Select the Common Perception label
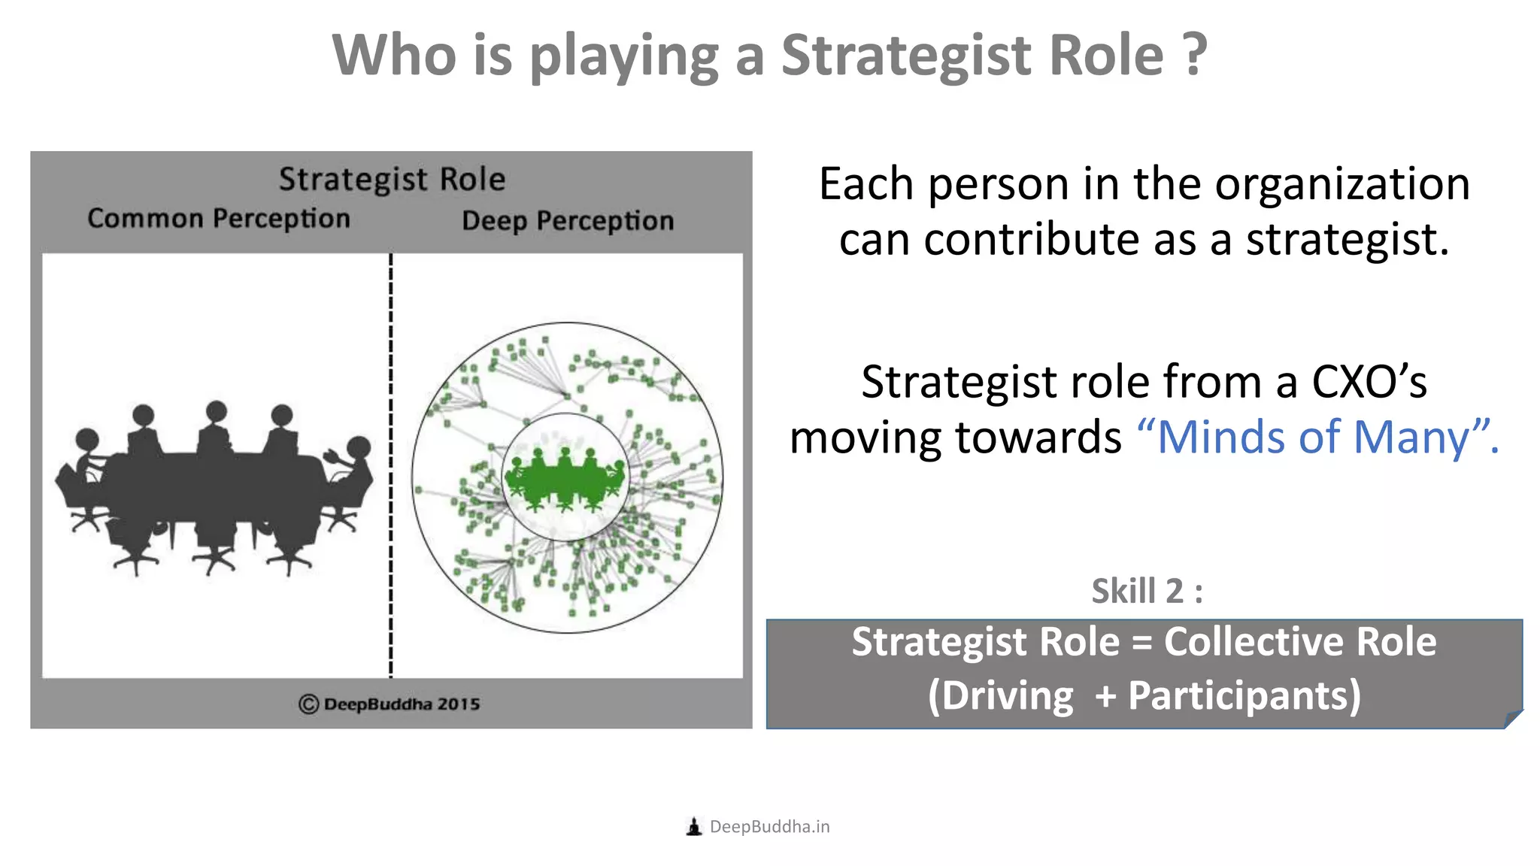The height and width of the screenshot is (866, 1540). pos(219,219)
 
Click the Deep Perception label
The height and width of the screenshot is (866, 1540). pos(568,221)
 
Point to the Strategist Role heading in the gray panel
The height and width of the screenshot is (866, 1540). pos(392,180)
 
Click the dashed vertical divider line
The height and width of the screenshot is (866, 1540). pos(391,466)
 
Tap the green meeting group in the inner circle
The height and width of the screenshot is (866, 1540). pos(565,479)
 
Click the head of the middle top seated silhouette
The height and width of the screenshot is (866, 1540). pos(217,411)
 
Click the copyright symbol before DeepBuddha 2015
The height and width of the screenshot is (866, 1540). pos(308,704)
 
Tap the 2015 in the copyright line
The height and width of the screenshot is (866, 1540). pos(458,704)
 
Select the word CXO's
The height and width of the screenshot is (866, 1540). pos(1369,382)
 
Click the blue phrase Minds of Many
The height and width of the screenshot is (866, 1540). pos(1312,438)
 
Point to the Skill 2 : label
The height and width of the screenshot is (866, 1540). pos(1147,591)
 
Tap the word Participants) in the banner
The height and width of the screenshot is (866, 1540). pos(1244,696)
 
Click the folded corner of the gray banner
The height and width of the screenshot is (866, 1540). pos(1513,719)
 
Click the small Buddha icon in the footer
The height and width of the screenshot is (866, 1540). pos(694,827)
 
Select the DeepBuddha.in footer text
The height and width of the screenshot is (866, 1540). pos(769,827)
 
